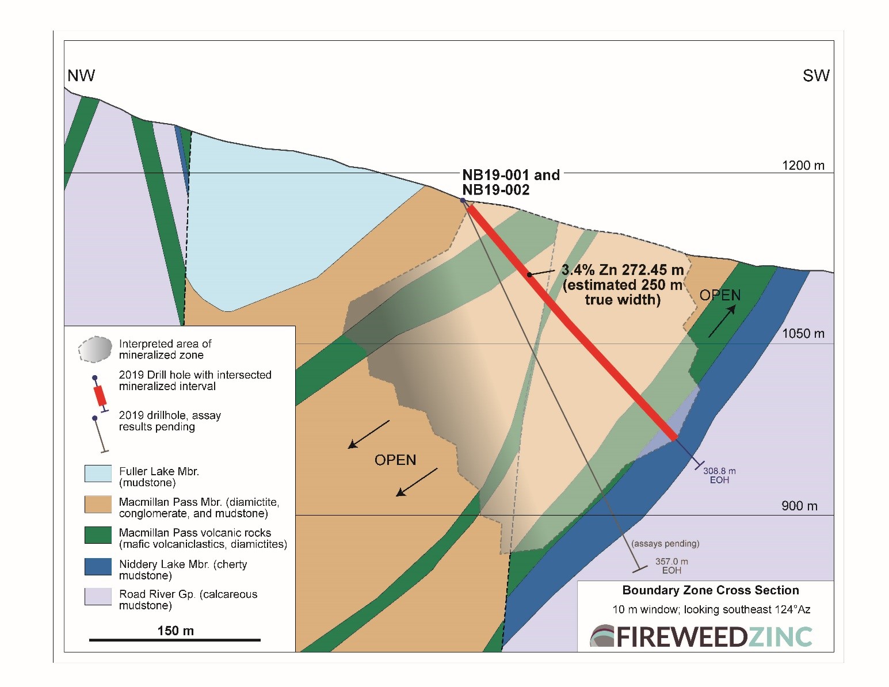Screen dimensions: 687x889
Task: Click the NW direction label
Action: click(81, 75)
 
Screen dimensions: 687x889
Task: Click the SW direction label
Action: click(815, 75)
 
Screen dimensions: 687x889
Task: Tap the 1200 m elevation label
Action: click(803, 166)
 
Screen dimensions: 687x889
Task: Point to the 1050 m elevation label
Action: click(803, 334)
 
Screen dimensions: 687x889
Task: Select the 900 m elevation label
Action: click(799, 506)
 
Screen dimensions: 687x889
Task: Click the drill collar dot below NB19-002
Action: click(463, 200)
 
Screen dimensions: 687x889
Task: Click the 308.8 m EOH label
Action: click(719, 475)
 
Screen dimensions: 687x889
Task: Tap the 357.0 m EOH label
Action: click(671, 566)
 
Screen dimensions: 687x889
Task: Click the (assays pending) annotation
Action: click(665, 544)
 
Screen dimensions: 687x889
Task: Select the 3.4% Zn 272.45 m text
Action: click(623, 270)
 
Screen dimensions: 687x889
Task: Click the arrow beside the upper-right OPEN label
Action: click(722, 321)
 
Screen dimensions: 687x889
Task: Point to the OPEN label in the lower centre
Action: click(395, 460)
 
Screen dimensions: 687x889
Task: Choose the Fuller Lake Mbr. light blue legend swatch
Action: click(98, 474)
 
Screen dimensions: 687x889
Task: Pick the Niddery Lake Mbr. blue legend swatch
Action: click(98, 566)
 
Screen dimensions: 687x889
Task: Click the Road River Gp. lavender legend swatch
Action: click(98, 597)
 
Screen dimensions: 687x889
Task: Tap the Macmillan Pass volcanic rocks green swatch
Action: click(98, 535)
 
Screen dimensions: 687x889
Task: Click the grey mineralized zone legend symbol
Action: click(96, 349)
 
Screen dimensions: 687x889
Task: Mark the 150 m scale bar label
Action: click(175, 631)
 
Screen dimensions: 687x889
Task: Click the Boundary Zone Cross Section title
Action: click(711, 590)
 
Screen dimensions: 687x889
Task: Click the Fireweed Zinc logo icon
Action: click(602, 636)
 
